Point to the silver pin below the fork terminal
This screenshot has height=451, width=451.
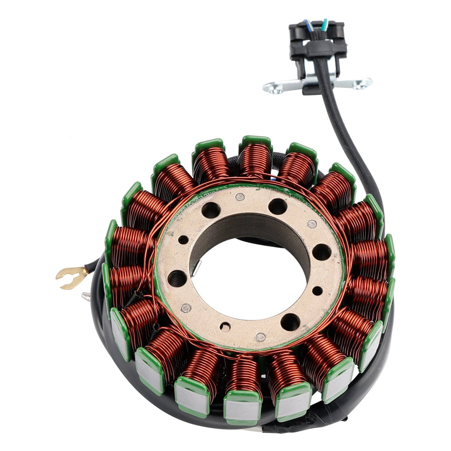[86, 297]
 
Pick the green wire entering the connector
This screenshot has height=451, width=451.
[324, 24]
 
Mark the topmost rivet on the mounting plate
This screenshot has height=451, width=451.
[240, 197]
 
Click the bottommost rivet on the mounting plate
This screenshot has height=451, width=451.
[260, 337]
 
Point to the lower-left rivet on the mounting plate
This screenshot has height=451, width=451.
[186, 308]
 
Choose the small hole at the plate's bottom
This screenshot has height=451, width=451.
[225, 327]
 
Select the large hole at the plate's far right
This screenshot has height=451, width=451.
[321, 252]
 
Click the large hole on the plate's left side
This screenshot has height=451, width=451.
[177, 278]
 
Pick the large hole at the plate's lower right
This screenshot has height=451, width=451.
[290, 322]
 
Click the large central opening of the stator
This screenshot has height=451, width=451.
[249, 280]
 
